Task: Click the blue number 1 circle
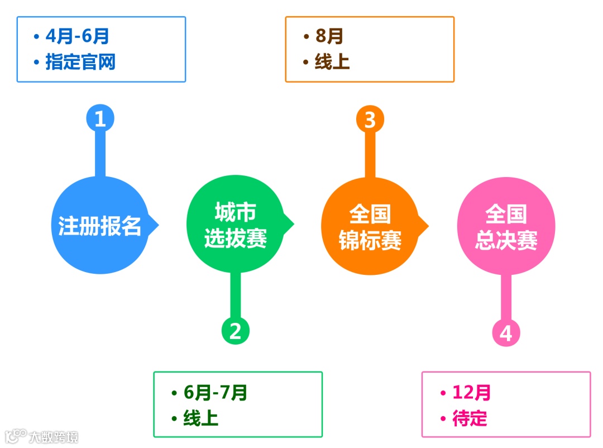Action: (100, 119)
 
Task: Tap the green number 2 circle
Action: (235, 331)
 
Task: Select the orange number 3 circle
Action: (370, 120)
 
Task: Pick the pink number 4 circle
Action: (506, 333)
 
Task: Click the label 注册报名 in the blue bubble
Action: (100, 226)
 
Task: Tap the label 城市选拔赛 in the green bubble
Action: (235, 226)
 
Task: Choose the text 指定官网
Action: (80, 62)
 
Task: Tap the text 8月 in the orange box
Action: (329, 36)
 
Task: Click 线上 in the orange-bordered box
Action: (332, 62)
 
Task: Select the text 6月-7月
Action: (216, 393)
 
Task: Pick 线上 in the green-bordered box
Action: (200, 418)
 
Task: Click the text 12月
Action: (472, 393)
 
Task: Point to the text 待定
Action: (470, 418)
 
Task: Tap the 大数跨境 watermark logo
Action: (42, 436)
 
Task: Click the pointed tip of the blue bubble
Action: (157, 226)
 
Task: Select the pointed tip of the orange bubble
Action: (427, 226)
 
